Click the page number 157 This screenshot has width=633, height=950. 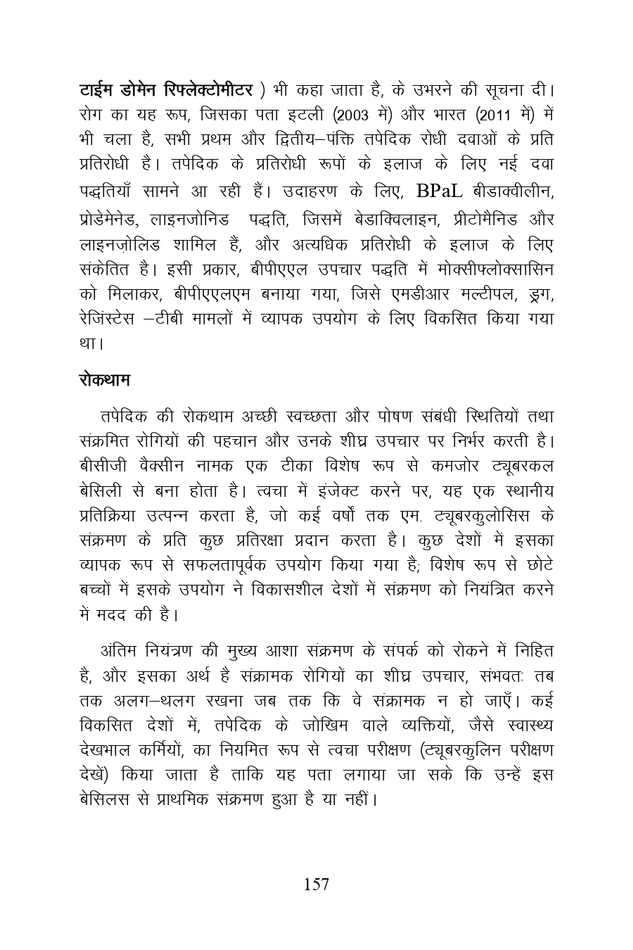coord(316,885)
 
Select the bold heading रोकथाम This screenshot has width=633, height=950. coord(104,381)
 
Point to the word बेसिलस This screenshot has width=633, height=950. coord(105,800)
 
